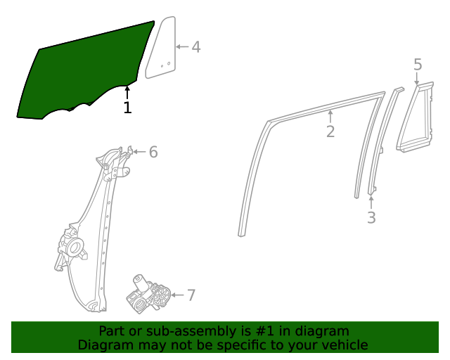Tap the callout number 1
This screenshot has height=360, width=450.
(127, 108)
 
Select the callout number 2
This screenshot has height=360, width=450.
(330, 131)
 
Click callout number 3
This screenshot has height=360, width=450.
(371, 218)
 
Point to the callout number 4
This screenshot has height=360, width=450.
(196, 47)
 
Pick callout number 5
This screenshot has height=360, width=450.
(418, 65)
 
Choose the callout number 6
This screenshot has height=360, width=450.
(153, 152)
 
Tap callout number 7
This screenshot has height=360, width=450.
(191, 295)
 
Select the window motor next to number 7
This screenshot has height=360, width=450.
(148, 294)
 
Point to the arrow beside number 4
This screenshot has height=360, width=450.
(181, 47)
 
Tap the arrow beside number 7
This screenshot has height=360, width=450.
(176, 295)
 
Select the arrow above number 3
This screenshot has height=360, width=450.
(371, 202)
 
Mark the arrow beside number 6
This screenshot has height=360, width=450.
(139, 152)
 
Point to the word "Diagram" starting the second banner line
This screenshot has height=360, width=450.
(103, 345)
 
